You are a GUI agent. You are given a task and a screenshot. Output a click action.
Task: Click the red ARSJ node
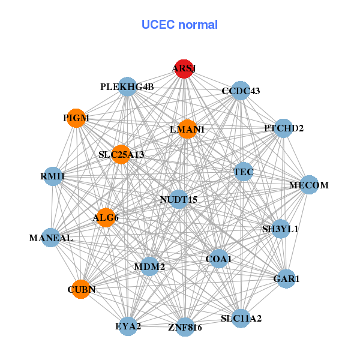pos(184,69)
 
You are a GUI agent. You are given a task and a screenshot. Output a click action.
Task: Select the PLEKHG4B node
pos(127,87)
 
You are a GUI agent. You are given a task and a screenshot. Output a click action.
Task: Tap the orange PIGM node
pos(76,118)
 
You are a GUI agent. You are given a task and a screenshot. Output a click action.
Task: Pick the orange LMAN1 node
pos(187,129)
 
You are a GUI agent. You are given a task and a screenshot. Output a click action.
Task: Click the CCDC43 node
pos(240,91)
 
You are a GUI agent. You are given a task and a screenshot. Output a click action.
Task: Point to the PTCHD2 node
pos(283,128)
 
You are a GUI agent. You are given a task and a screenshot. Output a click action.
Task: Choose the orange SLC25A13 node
pos(121,155)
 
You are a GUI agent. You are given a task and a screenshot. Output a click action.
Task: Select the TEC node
pos(244,172)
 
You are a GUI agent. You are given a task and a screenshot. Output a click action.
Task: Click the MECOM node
pos(309,185)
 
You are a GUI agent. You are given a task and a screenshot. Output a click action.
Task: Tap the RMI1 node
pos(53,176)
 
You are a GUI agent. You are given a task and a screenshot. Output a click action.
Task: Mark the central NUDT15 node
pos(179,199)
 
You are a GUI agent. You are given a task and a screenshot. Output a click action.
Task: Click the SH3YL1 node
pos(280,229)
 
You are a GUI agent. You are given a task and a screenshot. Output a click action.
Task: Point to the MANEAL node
pos(51,238)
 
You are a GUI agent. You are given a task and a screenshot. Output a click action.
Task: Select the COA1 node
pos(218,259)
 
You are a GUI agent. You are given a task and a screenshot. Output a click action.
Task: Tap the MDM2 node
pos(149,266)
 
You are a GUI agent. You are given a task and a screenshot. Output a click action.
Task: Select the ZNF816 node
pos(185,327)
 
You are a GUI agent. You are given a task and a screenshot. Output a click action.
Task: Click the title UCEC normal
pos(179,25)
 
